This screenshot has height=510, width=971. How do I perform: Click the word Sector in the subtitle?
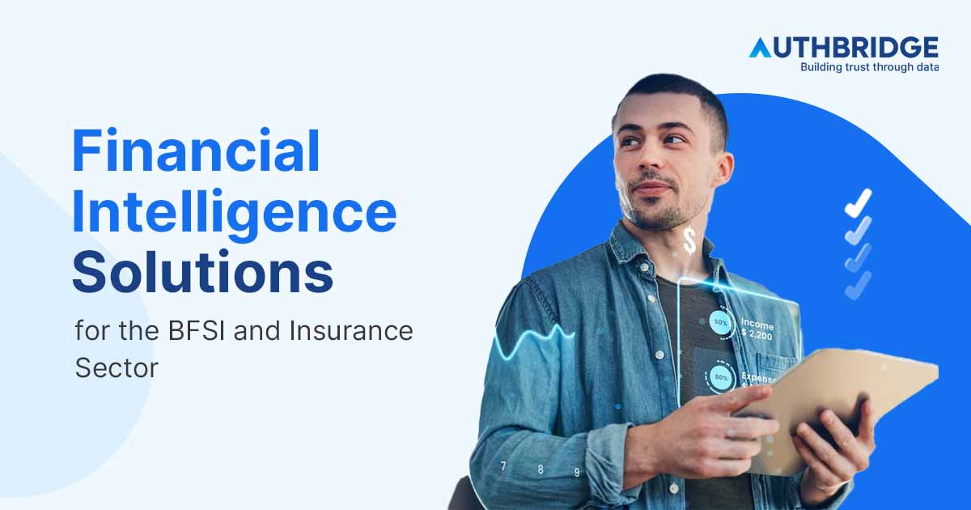pos(117,367)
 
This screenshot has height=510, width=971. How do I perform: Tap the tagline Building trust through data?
pos(869,67)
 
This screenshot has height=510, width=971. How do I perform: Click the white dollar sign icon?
pos(689,240)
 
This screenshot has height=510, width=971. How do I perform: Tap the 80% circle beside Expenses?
pos(719,377)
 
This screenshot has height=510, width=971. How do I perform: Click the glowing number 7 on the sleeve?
pos(503,466)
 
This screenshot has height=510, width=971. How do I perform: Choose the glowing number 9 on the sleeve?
pos(577,472)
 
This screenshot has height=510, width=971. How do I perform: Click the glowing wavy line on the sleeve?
pos(526,340)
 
